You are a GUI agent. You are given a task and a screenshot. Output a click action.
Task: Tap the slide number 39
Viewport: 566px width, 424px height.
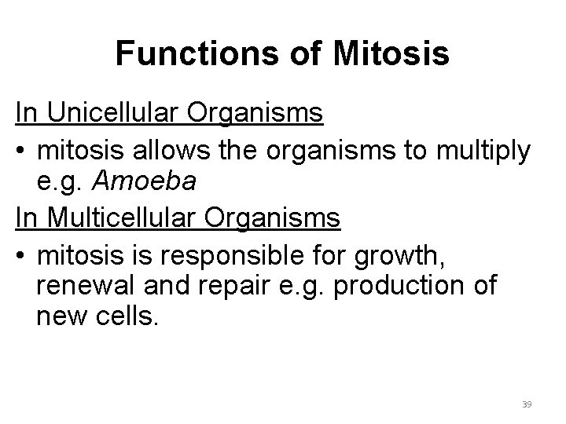527,404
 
